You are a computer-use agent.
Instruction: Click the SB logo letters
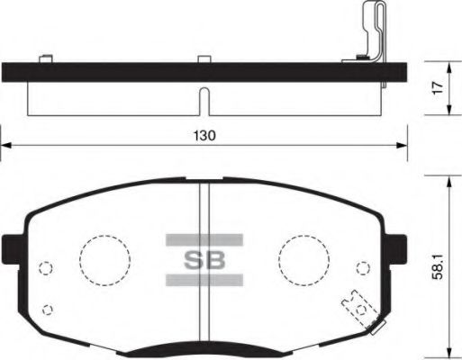204,262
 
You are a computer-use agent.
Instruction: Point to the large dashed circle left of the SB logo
105,260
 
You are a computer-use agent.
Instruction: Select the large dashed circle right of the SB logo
303,260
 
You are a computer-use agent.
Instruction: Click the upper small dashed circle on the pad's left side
45,267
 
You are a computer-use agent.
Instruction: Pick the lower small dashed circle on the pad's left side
49,310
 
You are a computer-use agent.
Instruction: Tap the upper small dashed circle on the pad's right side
363,267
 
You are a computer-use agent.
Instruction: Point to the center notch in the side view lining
205,101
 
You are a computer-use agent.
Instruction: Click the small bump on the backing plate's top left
41,59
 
